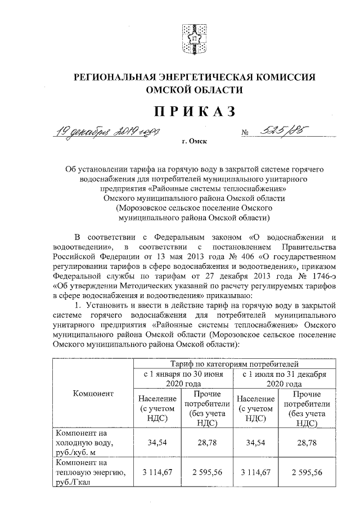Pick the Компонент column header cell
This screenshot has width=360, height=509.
click(93, 393)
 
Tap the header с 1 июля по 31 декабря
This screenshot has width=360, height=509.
click(285, 378)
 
